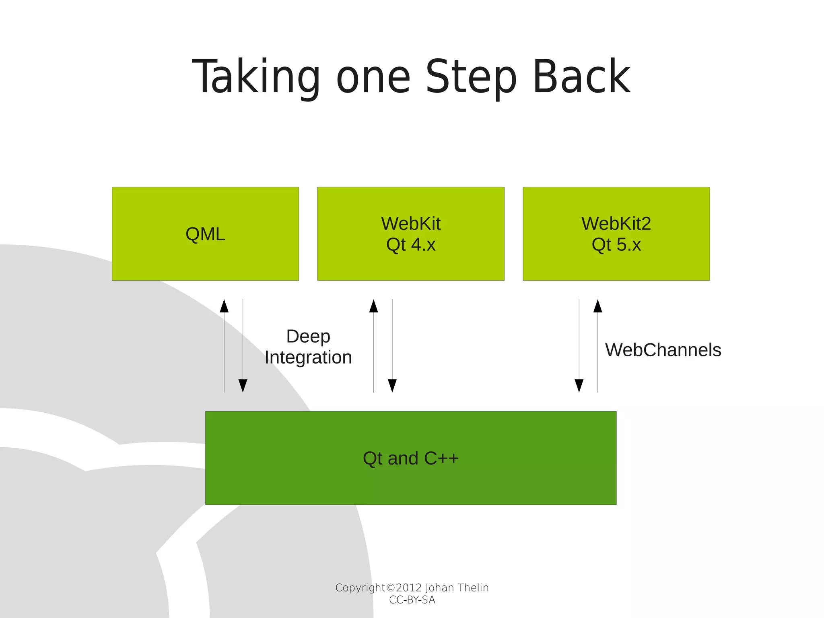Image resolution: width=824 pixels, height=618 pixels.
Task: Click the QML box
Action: click(x=205, y=234)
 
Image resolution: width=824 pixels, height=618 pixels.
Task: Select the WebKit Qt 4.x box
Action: click(x=411, y=234)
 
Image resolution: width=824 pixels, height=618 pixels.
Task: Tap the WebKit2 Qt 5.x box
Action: click(x=616, y=234)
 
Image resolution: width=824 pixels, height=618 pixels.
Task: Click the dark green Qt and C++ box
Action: click(x=411, y=458)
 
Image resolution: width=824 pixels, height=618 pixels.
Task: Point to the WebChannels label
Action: click(x=663, y=349)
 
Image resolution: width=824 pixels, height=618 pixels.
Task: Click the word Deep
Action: click(x=308, y=337)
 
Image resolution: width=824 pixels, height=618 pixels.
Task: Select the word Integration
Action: click(x=308, y=358)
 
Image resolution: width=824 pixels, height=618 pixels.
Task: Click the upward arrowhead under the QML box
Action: click(x=224, y=306)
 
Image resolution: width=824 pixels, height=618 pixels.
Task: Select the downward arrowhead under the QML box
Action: click(x=243, y=385)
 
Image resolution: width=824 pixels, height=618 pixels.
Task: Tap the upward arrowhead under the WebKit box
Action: click(x=374, y=306)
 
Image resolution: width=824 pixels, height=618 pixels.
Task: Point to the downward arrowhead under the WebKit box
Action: click(x=392, y=385)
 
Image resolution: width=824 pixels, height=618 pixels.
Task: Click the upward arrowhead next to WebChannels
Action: click(x=598, y=306)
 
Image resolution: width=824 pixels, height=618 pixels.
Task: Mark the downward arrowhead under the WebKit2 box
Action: click(x=579, y=385)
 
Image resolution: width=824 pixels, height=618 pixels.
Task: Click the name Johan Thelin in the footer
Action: click(x=457, y=588)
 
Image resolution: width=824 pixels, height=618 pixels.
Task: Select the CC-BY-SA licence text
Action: click(x=412, y=600)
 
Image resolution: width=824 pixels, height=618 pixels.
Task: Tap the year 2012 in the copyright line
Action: click(x=408, y=588)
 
